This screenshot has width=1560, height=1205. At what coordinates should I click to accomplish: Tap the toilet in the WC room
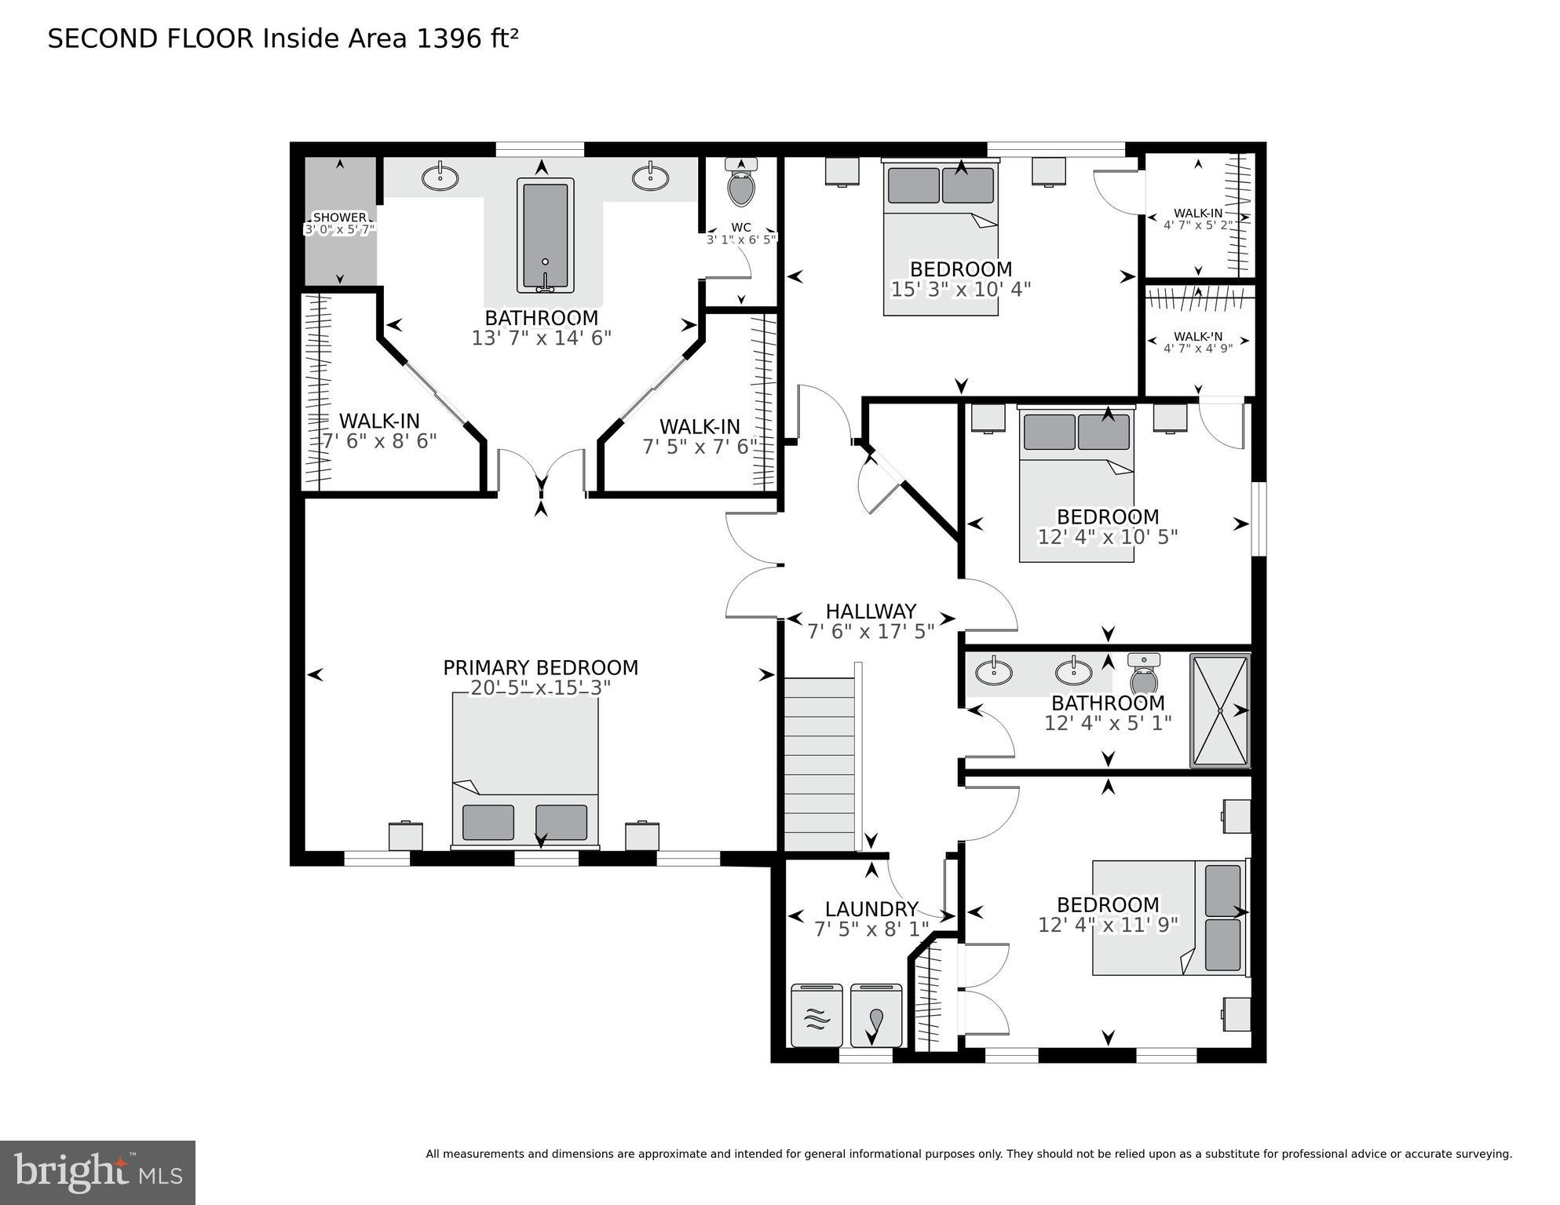point(741,185)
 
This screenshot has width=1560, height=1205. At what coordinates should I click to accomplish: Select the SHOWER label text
point(340,217)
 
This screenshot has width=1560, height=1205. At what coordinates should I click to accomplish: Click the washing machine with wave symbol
point(817,1017)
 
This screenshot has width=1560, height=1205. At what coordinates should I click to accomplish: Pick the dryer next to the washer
point(876,1017)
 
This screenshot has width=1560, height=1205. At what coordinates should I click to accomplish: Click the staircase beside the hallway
point(820,765)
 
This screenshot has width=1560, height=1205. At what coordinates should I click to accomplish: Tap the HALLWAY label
point(871,611)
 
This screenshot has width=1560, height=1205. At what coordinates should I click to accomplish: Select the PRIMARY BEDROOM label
point(540,667)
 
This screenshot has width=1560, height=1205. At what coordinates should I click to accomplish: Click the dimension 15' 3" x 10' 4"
point(960,290)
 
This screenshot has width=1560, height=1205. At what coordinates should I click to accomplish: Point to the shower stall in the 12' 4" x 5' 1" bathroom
point(1219,710)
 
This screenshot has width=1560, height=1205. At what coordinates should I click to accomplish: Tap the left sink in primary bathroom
point(440,177)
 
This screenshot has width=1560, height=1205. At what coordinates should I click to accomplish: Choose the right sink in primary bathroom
point(650,177)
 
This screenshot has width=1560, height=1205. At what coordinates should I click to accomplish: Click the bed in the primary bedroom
point(524,770)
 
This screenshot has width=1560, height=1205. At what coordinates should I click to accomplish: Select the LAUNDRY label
point(871,909)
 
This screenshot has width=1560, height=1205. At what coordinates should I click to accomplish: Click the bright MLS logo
point(97,1173)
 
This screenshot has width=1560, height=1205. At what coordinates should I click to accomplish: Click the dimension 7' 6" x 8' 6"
point(379,441)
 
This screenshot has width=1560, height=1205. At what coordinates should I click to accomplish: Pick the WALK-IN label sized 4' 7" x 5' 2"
point(1197,213)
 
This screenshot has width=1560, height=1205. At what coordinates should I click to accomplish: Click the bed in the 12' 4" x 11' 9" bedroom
point(1168,918)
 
